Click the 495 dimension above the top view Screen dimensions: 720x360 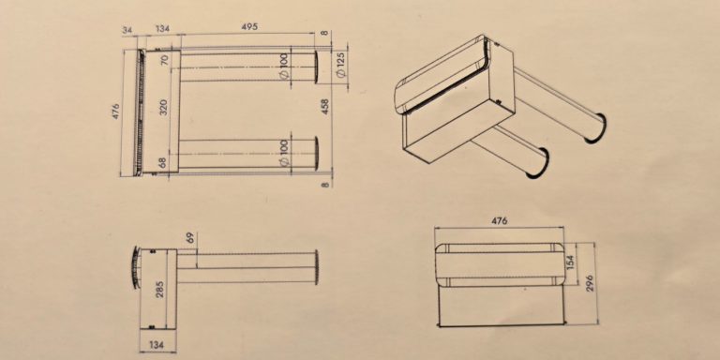249,26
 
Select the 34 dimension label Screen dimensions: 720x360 127,30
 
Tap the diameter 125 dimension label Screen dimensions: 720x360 340,66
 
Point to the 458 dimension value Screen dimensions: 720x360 325,106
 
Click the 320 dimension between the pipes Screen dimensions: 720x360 163,107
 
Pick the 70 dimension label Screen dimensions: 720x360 164,60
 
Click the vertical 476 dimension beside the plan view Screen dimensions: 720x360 115,112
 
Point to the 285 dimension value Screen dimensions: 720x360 160,290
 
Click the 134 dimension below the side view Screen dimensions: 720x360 157,345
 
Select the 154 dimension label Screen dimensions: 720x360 571,262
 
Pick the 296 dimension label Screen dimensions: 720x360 590,283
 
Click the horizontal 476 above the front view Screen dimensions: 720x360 500,221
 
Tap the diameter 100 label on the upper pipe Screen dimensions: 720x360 285,66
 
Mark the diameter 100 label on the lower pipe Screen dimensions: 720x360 284,153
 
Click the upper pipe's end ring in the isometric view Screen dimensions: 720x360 597,128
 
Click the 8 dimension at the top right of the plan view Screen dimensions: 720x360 325,33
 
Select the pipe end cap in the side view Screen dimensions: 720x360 316,267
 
